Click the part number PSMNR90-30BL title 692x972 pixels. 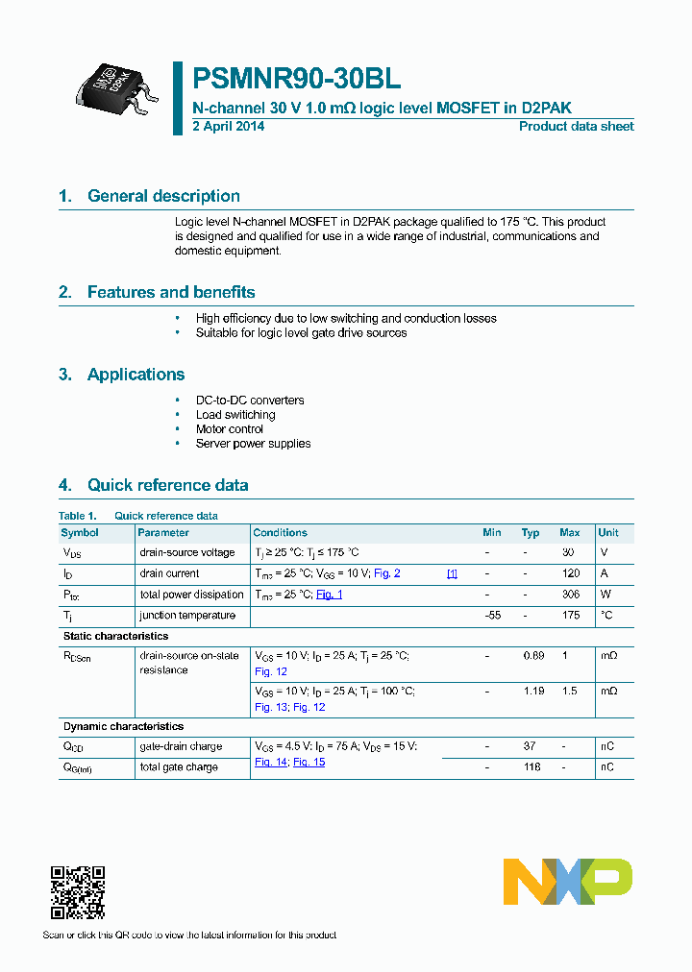click(297, 79)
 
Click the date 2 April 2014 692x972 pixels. click(229, 127)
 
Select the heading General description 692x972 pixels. click(163, 196)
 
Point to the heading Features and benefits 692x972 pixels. click(171, 292)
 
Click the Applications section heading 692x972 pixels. click(136, 375)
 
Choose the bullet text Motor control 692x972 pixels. click(230, 429)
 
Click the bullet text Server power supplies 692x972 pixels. click(253, 444)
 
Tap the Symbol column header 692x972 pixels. click(80, 533)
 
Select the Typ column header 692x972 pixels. click(531, 533)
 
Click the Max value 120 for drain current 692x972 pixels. click(570, 573)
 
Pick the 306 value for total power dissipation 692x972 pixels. click(570, 595)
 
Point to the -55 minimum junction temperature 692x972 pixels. click(492, 616)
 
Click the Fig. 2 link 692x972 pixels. click(386, 573)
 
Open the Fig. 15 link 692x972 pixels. click(309, 762)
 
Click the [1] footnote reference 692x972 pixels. click(452, 573)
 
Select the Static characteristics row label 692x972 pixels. click(115, 636)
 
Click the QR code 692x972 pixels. click(77, 892)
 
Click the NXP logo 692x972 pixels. click(568, 882)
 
